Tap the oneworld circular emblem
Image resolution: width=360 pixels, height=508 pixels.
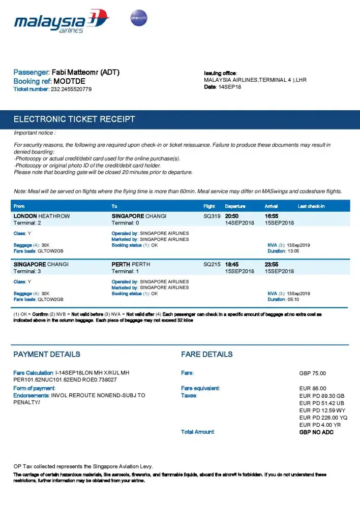139,18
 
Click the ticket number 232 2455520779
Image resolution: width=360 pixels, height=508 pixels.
71,89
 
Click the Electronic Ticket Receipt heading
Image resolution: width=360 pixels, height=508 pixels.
74,119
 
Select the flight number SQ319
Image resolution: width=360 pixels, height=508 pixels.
212,216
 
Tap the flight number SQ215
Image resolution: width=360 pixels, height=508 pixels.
212,265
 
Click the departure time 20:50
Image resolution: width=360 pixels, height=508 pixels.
233,216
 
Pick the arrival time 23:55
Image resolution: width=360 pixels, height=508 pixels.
272,265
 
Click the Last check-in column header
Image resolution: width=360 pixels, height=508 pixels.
311,206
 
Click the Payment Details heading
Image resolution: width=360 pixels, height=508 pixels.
47,355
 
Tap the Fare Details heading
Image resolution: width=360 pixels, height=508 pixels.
207,355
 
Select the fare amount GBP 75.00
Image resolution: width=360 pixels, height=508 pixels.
313,373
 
